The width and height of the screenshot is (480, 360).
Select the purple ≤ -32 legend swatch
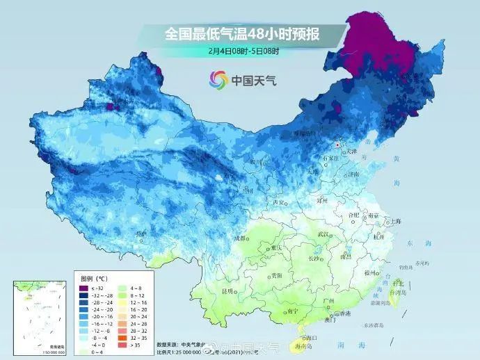(83, 288)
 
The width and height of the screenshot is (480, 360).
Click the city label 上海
(395, 221)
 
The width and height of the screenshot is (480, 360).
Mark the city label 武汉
(322, 234)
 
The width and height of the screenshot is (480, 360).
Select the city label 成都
(241, 238)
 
